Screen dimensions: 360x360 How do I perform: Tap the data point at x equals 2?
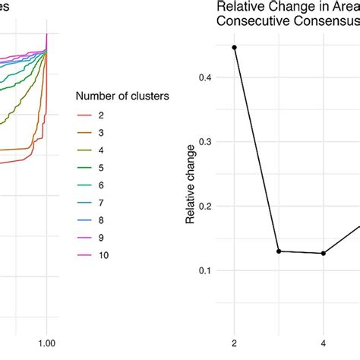(234, 47)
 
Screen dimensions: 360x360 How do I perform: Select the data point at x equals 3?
(279, 251)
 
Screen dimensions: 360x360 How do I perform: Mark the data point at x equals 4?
(324, 253)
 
